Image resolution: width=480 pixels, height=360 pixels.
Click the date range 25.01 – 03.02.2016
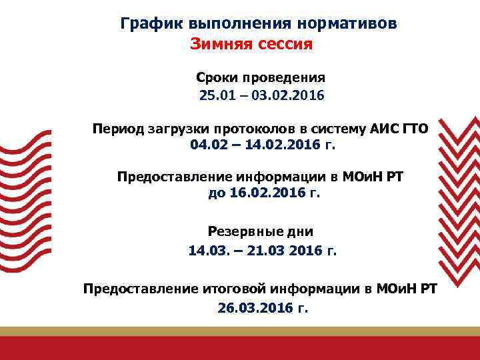coord(261,95)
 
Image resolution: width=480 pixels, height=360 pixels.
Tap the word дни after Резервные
coord(298,232)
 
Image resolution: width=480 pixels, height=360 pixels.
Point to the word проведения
coord(282,78)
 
